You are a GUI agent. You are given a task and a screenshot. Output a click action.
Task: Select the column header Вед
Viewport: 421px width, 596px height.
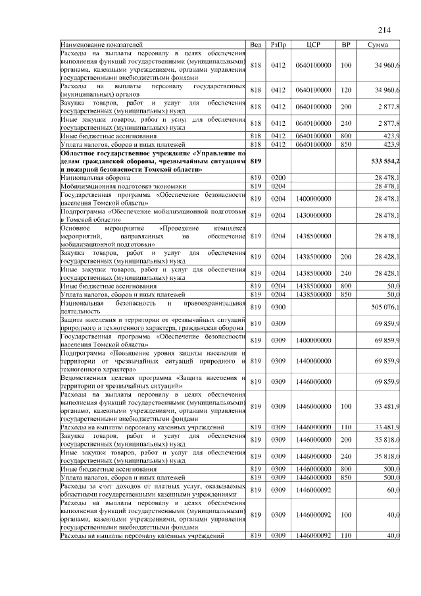point(257,45)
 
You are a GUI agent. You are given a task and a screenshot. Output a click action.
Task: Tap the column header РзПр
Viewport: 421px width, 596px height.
point(278,45)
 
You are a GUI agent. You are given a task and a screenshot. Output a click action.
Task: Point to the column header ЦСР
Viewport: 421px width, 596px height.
point(313,45)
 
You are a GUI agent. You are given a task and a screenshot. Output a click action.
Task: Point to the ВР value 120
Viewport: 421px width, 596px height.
point(345,90)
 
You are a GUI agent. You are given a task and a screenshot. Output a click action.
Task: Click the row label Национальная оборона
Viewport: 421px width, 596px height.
point(95,178)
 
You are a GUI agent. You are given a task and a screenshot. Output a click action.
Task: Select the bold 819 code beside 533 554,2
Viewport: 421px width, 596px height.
point(257,161)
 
